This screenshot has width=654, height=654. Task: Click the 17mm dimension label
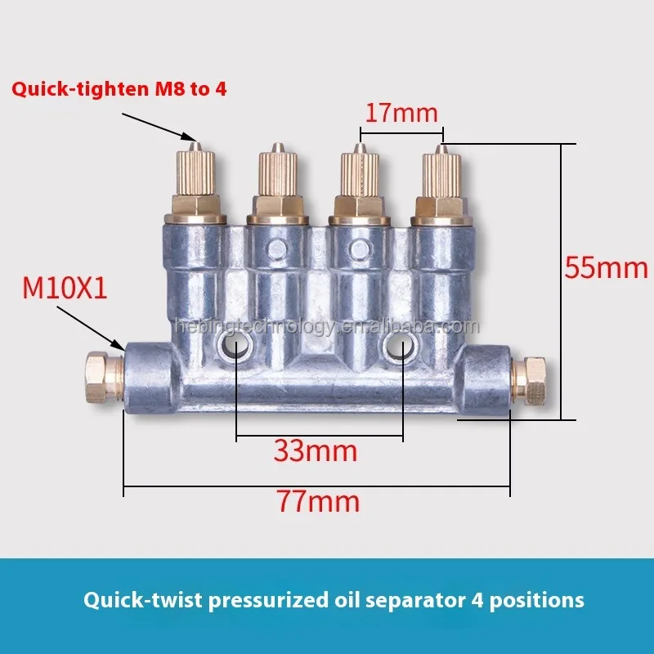point(401,112)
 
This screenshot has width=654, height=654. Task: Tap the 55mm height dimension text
point(606,267)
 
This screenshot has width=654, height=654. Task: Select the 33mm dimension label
point(315,450)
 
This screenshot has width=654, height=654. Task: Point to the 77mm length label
point(318,500)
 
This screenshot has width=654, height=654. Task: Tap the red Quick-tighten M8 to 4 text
point(119,89)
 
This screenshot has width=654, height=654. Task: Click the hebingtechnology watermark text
point(327,327)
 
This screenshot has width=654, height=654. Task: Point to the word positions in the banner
point(542,601)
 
